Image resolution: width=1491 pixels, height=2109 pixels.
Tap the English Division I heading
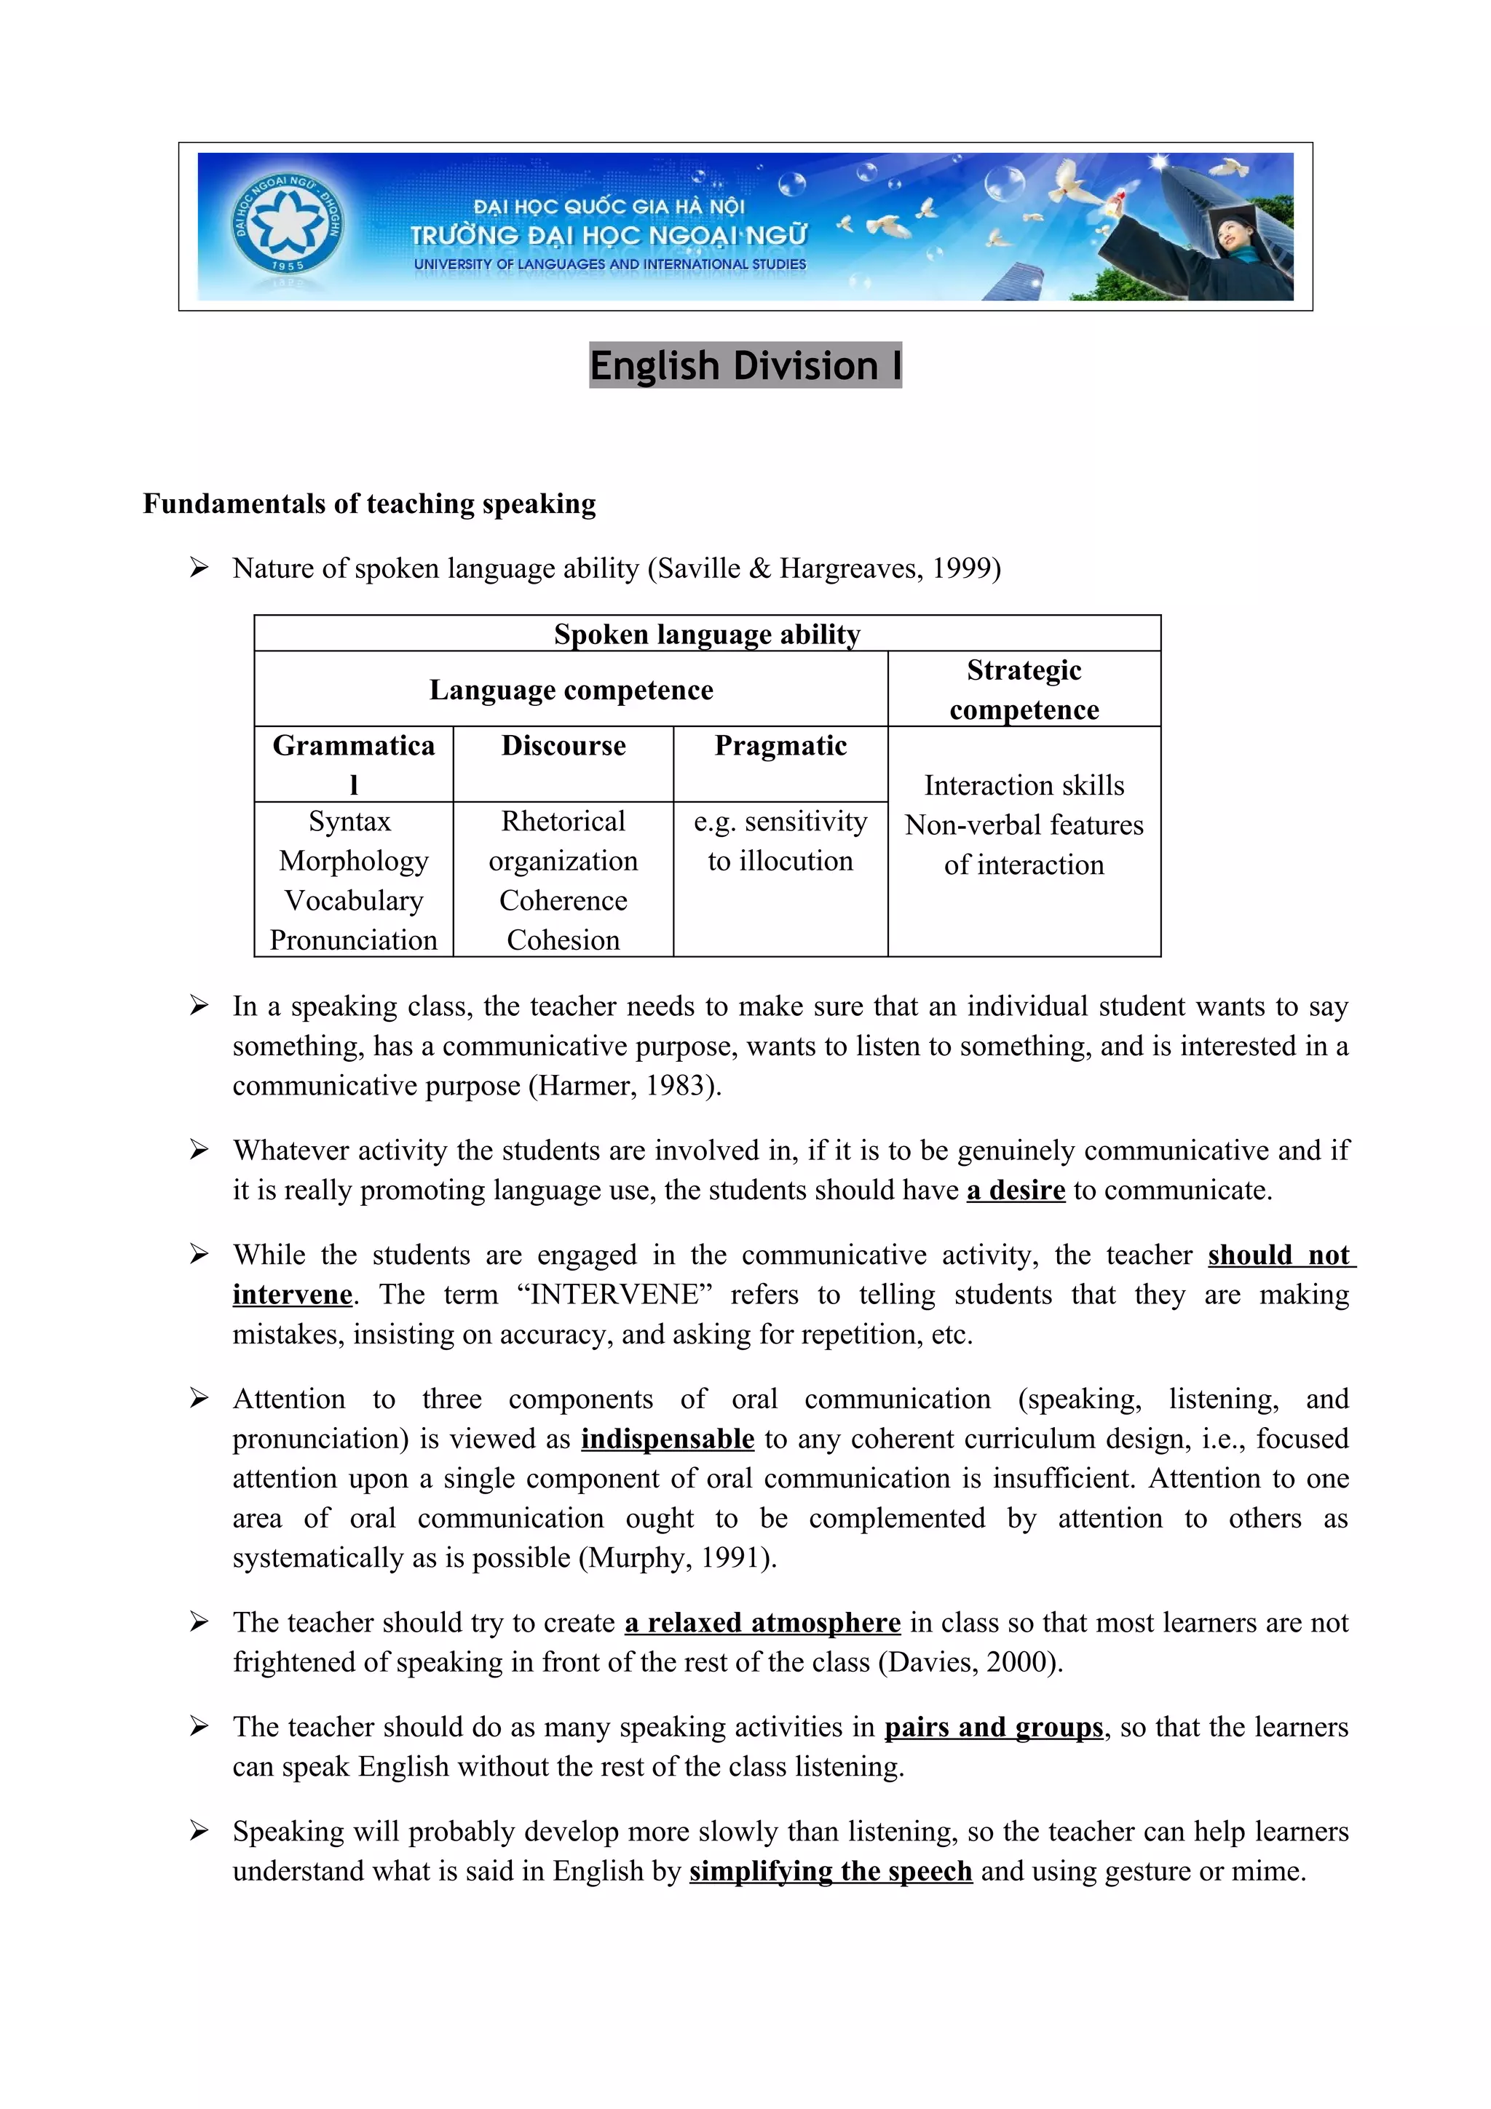(744, 365)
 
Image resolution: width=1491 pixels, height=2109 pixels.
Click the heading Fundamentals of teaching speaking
(369, 504)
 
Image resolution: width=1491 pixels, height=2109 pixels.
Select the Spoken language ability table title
(706, 634)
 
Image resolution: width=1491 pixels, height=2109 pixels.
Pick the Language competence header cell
(571, 690)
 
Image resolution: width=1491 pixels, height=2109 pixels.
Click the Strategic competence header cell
(1024, 690)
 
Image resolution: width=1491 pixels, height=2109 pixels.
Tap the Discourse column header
(563, 745)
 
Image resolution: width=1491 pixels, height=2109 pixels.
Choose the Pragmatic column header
(780, 745)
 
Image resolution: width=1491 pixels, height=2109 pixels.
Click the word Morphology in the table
(354, 861)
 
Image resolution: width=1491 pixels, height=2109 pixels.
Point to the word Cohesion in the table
(563, 940)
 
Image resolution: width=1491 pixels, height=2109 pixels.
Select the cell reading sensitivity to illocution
(780, 841)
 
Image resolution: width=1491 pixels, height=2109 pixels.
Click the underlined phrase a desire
(1015, 1191)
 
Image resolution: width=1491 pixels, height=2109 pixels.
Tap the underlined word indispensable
(667, 1439)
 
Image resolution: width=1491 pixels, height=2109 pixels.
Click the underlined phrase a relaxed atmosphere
(762, 1622)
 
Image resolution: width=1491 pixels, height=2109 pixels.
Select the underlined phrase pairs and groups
(993, 1727)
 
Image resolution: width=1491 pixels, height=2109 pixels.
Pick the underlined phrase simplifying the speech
(831, 1871)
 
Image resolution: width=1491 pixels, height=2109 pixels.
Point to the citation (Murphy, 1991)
(677, 1558)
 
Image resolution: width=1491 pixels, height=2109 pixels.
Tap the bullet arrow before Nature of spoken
(199, 568)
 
